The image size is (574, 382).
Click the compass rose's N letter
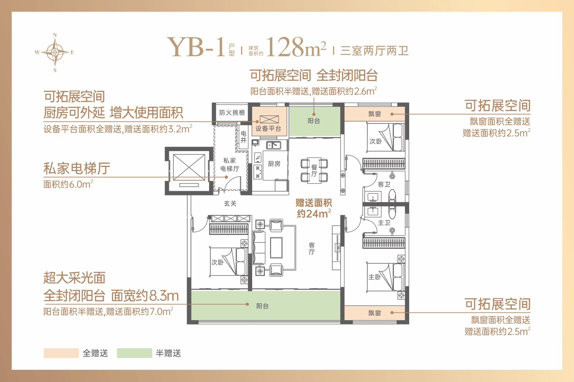[x=55, y=35]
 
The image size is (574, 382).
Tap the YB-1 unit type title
[x=196, y=47]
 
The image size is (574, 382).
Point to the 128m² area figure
[x=296, y=47]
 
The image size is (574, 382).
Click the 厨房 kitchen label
[x=274, y=164]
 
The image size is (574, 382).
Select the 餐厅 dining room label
[x=314, y=171]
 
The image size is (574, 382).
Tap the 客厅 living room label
[x=312, y=249]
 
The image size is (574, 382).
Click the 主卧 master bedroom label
[x=374, y=277]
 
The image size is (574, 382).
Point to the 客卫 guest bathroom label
[x=384, y=184]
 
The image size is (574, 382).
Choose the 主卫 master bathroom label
[x=384, y=223]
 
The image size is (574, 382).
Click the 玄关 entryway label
[x=230, y=203]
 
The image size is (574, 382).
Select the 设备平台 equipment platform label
[x=268, y=129]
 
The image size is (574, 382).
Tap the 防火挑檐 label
[x=232, y=113]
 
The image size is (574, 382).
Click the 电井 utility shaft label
[x=244, y=137]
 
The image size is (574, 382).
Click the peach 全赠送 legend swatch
[x=61, y=353]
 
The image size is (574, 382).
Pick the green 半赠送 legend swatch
[x=134, y=353]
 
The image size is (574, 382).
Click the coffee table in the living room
[x=276, y=247]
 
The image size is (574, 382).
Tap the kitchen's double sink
[x=274, y=145]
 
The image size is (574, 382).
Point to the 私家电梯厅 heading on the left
[x=77, y=168]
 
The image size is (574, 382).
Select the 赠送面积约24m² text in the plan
[x=314, y=208]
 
